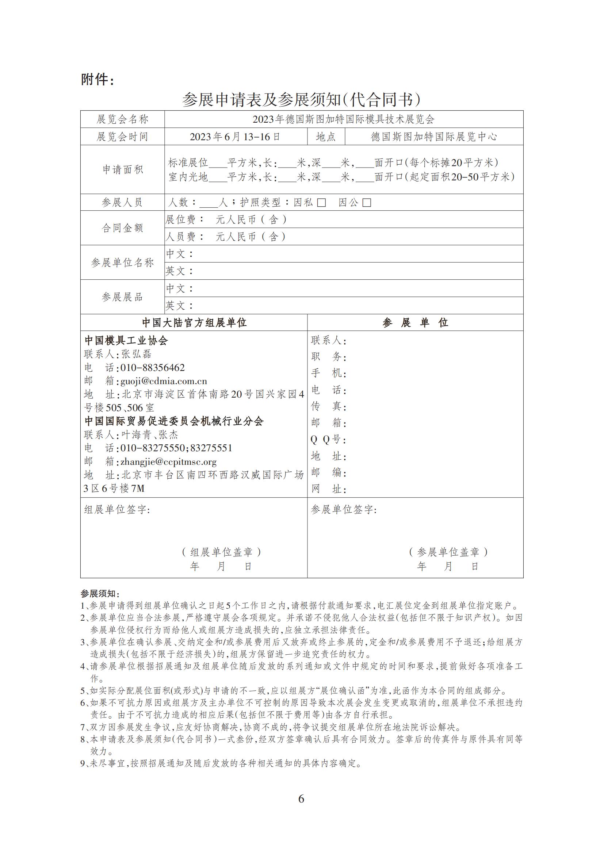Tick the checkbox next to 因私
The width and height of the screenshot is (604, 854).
pyautogui.click(x=321, y=203)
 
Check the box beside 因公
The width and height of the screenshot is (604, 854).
pyautogui.click(x=367, y=203)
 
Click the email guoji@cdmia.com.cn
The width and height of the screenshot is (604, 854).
pyautogui.click(x=163, y=381)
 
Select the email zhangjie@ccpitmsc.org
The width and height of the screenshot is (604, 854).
pyautogui.click(x=168, y=462)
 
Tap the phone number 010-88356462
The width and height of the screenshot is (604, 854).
pyautogui.click(x=153, y=368)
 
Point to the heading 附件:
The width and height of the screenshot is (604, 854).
pyautogui.click(x=98, y=80)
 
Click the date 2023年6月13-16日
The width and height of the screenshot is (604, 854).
pyautogui.click(x=235, y=137)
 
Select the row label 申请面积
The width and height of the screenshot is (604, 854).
pyautogui.click(x=123, y=170)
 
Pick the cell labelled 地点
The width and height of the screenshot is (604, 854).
pyautogui.click(x=326, y=137)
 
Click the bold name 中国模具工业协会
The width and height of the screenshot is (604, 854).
pyautogui.click(x=126, y=340)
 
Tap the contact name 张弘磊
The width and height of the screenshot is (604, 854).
pyautogui.click(x=136, y=354)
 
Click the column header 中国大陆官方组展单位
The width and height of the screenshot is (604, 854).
pyautogui.click(x=194, y=322)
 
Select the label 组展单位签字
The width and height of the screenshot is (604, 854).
pyautogui.click(x=117, y=510)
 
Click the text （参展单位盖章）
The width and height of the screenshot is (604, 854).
pyautogui.click(x=448, y=552)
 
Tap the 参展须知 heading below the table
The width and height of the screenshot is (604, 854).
pyautogui.click(x=100, y=593)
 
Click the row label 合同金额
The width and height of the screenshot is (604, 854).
pyautogui.click(x=123, y=228)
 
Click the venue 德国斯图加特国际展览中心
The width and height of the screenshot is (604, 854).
pyautogui.click(x=434, y=137)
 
